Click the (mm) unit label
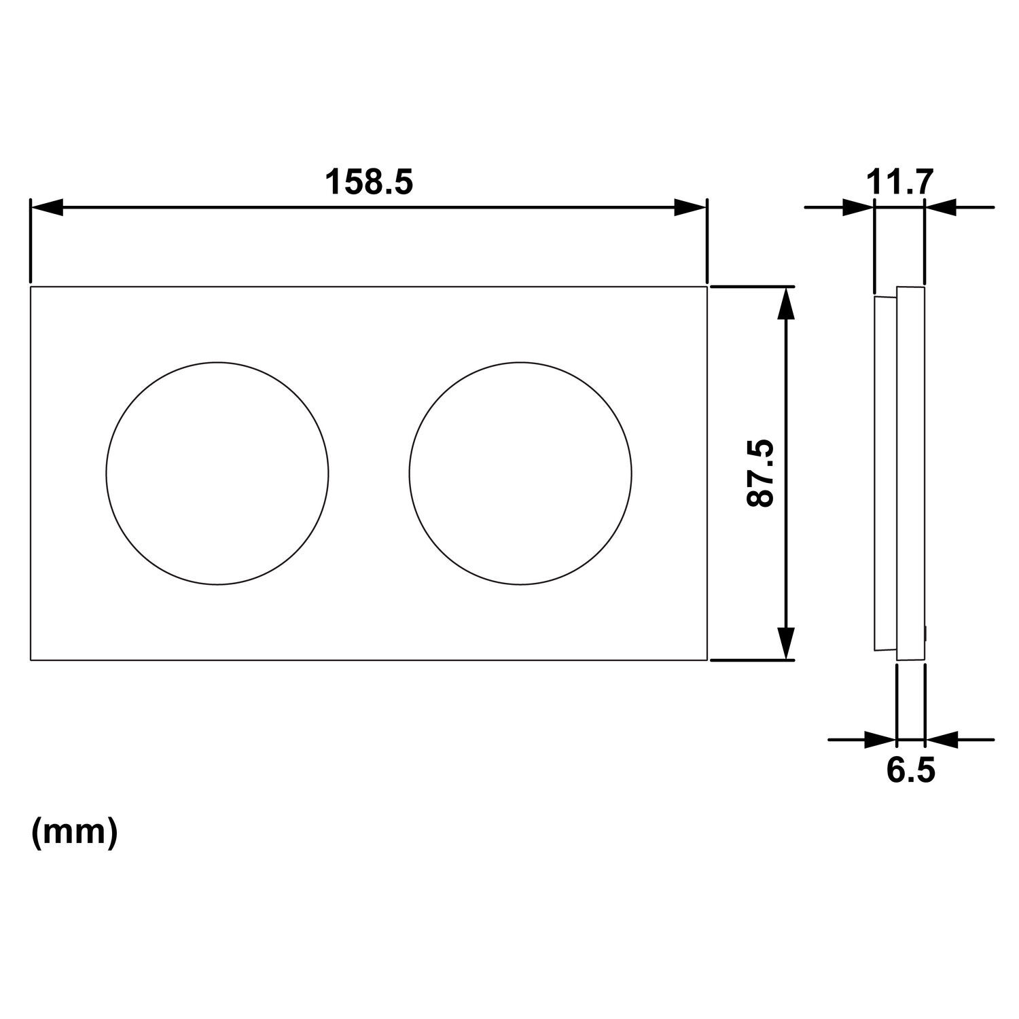[75, 832]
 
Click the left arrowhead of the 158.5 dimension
[47, 207]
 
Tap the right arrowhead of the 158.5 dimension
[690, 207]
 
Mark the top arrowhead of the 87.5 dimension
[785, 303]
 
